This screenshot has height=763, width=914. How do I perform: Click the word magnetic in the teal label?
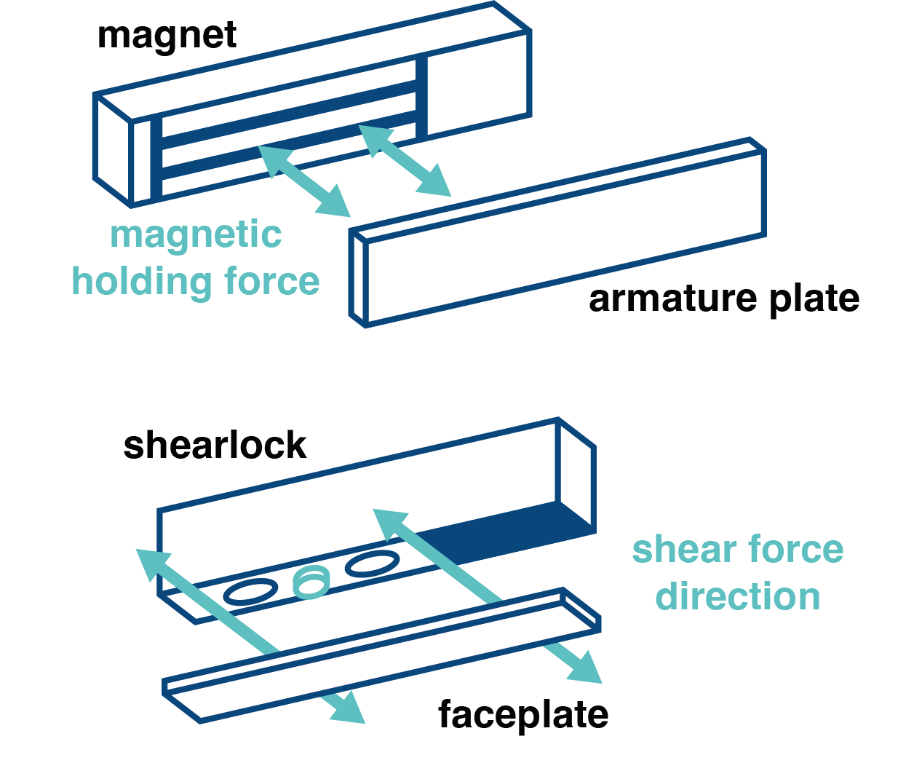click(196, 235)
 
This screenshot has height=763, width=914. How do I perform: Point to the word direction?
click(737, 596)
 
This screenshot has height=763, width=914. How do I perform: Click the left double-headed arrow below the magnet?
click(303, 180)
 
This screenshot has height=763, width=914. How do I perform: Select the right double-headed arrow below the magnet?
click(405, 160)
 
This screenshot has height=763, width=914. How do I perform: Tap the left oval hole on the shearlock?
click(250, 592)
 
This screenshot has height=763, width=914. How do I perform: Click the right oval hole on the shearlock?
click(372, 563)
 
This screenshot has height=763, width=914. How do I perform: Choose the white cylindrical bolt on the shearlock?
click(311, 582)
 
